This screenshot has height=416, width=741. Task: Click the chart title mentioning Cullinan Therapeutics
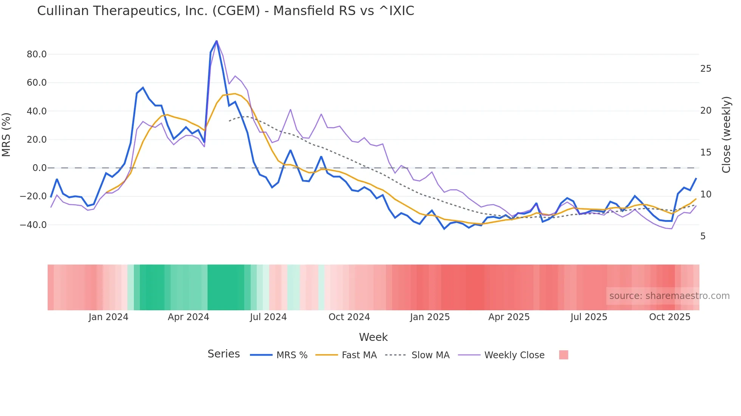coord(225,11)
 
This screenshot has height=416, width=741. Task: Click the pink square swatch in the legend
coord(563,355)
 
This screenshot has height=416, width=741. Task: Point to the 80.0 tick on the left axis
coord(37,54)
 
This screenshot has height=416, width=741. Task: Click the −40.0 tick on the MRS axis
coord(33,225)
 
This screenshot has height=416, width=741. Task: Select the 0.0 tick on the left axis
coord(40,168)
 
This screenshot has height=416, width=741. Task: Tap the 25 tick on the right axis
coord(705,69)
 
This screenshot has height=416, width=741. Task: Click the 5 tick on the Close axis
coord(703,236)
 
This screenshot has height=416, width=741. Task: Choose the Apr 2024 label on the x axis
coord(188,317)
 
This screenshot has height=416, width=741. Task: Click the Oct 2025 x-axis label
coord(670,317)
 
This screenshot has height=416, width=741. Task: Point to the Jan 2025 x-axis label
coord(430,317)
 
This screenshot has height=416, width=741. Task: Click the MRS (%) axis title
coord(6,135)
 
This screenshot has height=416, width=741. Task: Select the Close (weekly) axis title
coord(726,135)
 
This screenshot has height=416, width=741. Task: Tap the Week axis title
coord(373,337)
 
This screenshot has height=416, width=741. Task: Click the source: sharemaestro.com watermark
coord(669,296)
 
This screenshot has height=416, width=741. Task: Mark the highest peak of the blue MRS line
coord(216,41)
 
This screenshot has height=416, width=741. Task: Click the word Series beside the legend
coord(223,354)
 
